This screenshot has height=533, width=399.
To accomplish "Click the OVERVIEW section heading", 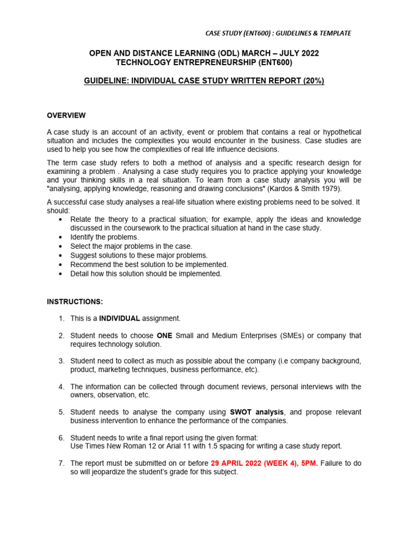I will tap(66, 116).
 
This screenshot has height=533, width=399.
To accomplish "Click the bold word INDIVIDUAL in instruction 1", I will tap(120, 319).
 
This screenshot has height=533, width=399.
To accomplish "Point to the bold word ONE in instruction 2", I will tap(165, 336).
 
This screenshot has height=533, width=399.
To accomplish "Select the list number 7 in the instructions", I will tap(61, 463).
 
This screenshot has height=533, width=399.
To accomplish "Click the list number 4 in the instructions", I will tap(61, 387).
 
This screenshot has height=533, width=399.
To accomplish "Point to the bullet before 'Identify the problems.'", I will tap(61, 237).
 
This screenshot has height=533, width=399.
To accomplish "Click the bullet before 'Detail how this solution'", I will tap(61, 274).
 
